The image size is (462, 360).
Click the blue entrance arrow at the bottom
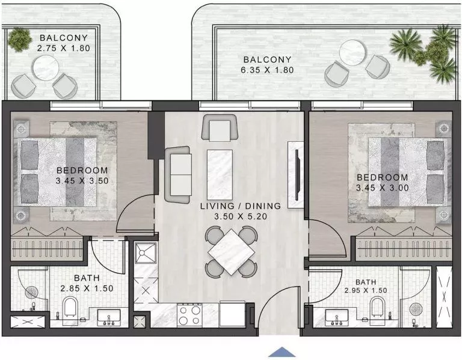point(282,352)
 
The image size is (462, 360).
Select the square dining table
point(231,251)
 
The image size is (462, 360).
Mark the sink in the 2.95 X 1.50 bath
point(336,315)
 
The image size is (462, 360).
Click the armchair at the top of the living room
point(216,127)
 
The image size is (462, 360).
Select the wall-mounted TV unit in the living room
point(296,174)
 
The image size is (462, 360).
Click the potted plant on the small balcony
point(20,40)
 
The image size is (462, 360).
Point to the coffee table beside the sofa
point(219,171)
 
